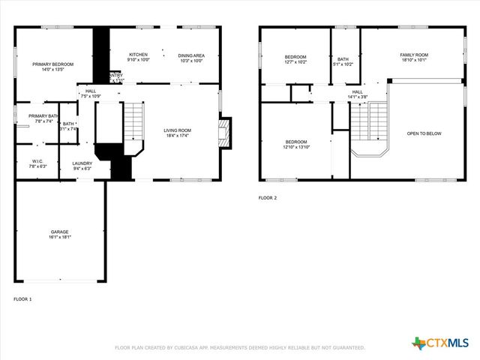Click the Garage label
pyautogui.click(x=60, y=234)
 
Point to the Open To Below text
pyautogui.click(x=424, y=133)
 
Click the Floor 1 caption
pyautogui.click(x=22, y=299)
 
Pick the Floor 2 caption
pyautogui.click(x=268, y=198)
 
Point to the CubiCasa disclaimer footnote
pyautogui.click(x=239, y=347)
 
